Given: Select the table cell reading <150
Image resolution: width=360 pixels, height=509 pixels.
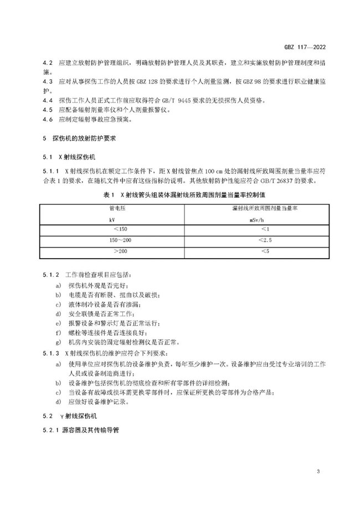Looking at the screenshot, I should point(120,229).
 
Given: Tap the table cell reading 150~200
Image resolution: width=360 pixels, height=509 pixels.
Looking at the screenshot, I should point(120,240).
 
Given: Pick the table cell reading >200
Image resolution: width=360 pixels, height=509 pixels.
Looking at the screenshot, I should point(120,251).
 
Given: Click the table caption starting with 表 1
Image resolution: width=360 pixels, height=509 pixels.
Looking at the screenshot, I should point(179,195).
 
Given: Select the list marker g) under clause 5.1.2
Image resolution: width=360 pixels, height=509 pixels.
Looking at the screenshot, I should point(59,342).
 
